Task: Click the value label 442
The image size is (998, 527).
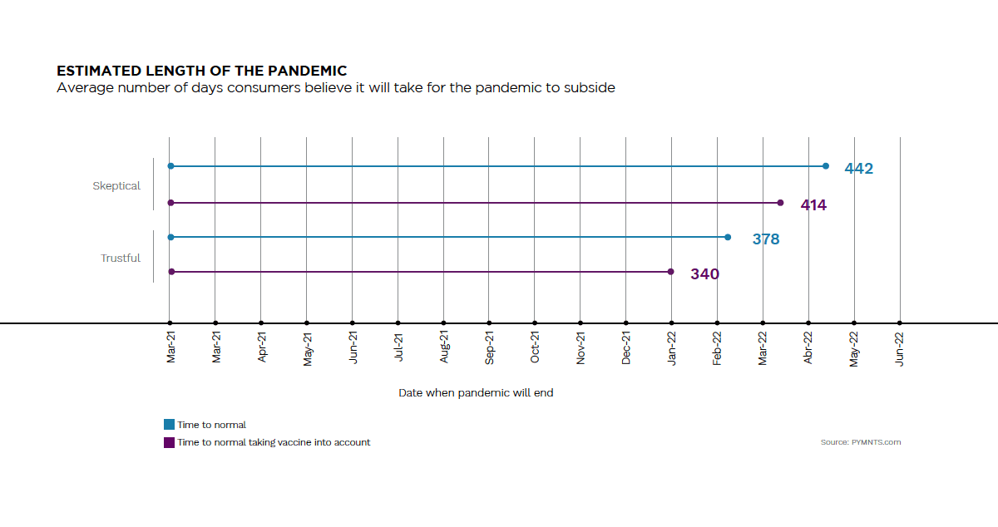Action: pyautogui.click(x=858, y=169)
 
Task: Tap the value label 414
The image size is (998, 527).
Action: pyautogui.click(x=813, y=204)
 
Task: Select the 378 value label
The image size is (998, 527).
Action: pyautogui.click(x=766, y=239)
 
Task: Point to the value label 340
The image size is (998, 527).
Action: pyautogui.click(x=704, y=274)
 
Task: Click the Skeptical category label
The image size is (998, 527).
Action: pyautogui.click(x=116, y=186)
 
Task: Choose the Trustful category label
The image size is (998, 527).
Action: pyautogui.click(x=121, y=259)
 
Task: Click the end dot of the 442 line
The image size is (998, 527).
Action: pyautogui.click(x=826, y=166)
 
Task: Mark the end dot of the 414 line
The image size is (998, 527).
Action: pyautogui.click(x=780, y=203)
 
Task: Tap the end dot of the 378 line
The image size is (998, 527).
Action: pyautogui.click(x=728, y=238)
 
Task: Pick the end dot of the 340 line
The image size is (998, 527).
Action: pyautogui.click(x=671, y=272)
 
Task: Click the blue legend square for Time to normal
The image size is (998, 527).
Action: pyautogui.click(x=170, y=425)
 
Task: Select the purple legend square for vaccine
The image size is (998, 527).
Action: pyautogui.click(x=170, y=442)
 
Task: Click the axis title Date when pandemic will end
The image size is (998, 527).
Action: pyautogui.click(x=476, y=393)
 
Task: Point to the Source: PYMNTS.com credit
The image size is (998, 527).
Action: pyautogui.click(x=860, y=442)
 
